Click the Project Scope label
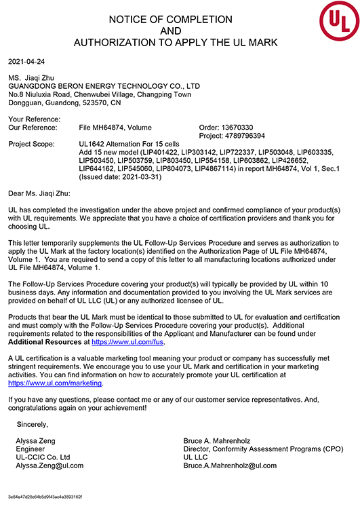pos(31,144)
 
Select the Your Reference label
pos(33,119)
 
